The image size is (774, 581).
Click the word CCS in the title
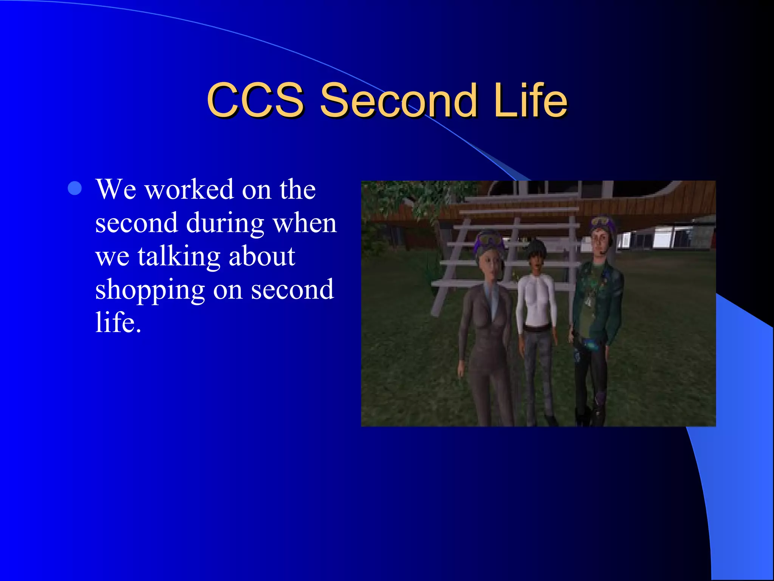pos(255,100)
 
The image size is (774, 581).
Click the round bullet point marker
pos(75,188)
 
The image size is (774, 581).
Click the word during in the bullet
pos(225,223)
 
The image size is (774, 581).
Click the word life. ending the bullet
pos(118,323)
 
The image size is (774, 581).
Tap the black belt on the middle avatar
pos(536,328)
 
